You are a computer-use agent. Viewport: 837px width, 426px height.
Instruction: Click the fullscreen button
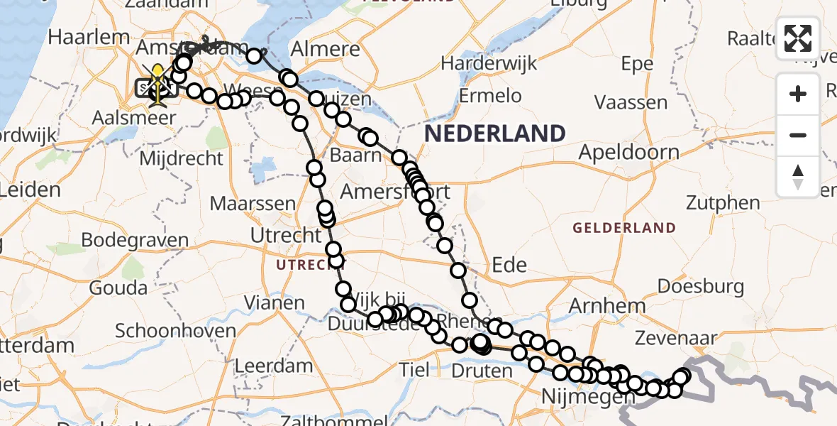[x=798, y=38]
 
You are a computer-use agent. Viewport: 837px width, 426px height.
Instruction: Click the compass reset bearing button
[x=798, y=177]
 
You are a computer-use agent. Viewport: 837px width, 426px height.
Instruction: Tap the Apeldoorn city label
[x=628, y=152]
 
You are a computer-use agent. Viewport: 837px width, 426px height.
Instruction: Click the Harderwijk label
[x=486, y=63]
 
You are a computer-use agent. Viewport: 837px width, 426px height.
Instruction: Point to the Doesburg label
[x=701, y=287]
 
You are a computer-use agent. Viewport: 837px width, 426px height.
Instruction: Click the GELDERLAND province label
[x=624, y=228]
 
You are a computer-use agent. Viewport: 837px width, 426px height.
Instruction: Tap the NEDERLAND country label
[x=494, y=133]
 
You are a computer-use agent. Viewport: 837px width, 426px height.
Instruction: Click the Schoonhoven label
[x=175, y=331]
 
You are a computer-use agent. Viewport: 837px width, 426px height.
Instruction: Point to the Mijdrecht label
[x=181, y=158]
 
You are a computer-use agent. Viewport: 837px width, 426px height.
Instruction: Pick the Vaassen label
[x=631, y=103]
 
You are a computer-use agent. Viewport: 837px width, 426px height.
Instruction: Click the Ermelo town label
[x=490, y=95]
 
